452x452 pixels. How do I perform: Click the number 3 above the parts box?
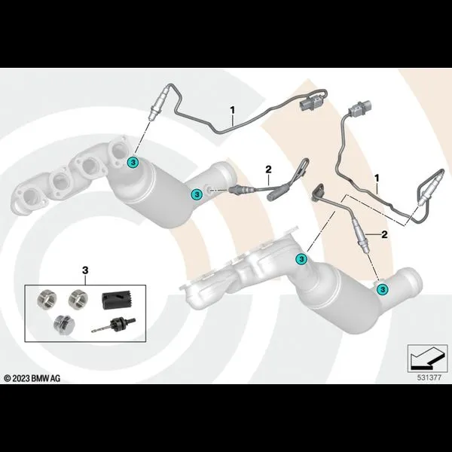point(85,270)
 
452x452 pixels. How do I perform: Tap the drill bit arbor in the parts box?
point(113,325)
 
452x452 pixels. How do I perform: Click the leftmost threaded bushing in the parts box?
point(47,298)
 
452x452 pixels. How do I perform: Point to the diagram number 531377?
point(429,377)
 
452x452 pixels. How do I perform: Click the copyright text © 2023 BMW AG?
point(32,378)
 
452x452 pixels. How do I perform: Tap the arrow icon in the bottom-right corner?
point(427,358)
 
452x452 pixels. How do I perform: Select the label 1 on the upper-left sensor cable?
point(232,110)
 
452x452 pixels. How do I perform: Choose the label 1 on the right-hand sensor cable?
point(377,178)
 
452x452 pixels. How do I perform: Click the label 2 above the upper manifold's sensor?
point(268,169)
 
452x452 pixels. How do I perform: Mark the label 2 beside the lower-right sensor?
point(384,234)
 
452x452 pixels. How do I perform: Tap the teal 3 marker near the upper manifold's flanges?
point(133,163)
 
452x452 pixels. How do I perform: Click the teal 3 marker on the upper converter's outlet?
point(197,194)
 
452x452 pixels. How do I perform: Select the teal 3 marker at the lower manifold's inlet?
point(301,259)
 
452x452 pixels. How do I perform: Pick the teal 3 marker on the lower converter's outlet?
point(383,289)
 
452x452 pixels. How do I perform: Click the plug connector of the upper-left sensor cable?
point(312,104)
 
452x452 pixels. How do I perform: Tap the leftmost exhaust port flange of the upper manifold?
point(29,200)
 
